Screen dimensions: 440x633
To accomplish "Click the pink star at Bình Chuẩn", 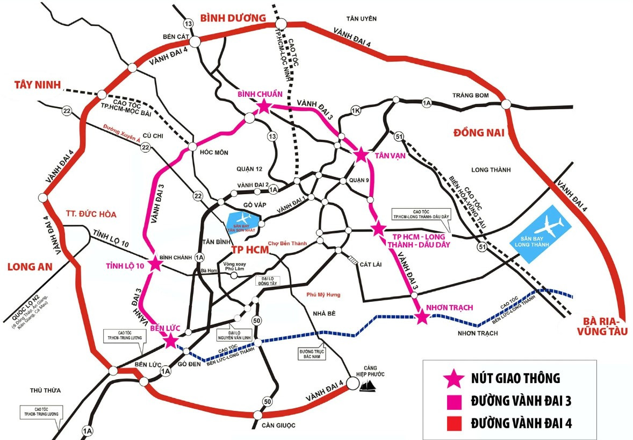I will coord(263,107).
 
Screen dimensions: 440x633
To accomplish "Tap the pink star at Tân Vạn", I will coord(361,155).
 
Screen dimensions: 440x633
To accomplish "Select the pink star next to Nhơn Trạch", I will coord(422,317).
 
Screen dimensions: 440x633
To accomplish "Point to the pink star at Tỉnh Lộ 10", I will coord(154,263).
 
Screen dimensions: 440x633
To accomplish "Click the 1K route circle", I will coord(355,111).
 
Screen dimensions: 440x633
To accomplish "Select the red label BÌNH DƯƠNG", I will coord(233,18).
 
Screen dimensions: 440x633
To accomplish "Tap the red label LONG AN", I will coord(27,266).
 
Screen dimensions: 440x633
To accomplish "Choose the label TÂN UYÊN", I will coord(362,19).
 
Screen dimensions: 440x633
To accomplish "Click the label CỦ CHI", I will coord(152,137).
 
